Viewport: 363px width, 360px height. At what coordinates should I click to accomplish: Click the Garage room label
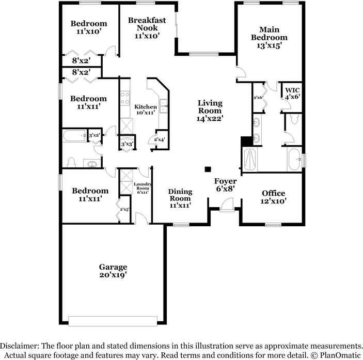click(x=113, y=267)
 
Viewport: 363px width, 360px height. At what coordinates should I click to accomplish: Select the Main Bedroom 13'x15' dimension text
click(x=269, y=45)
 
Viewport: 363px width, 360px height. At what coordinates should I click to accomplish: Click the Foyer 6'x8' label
click(x=226, y=185)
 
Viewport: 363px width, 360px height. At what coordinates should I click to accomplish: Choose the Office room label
click(x=273, y=193)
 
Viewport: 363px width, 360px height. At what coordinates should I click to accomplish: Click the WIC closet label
click(x=292, y=90)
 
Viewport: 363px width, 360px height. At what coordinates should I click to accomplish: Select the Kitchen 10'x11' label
click(x=146, y=109)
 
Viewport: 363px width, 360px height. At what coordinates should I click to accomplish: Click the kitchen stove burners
click(x=125, y=98)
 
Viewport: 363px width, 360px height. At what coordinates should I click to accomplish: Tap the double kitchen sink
click(x=164, y=105)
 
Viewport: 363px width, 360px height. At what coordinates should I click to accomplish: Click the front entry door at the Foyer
click(x=227, y=206)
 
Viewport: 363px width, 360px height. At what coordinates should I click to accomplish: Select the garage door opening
click(x=113, y=321)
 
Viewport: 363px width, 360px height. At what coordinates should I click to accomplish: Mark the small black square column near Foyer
click(x=208, y=169)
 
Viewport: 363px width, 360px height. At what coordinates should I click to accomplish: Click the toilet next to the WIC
click(x=294, y=119)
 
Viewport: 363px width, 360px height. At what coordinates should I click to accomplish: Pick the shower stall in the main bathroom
click(x=250, y=159)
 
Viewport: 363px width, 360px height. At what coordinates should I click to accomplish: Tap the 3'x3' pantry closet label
click(x=127, y=144)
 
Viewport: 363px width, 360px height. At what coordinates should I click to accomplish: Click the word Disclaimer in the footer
click(x=19, y=346)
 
